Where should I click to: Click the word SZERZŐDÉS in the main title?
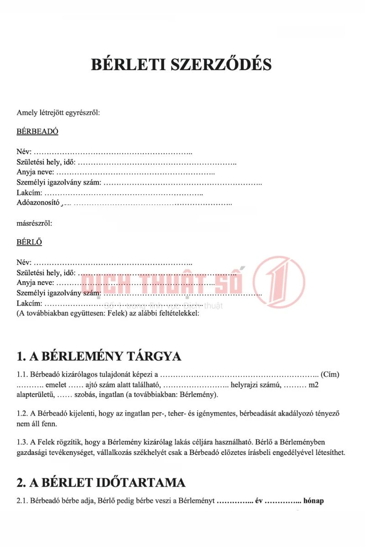pyautogui.click(x=221, y=64)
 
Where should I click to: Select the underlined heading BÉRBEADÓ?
pyautogui.click(x=37, y=132)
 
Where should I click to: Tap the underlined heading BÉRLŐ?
pyautogui.click(x=29, y=242)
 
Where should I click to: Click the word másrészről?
pyautogui.click(x=34, y=223)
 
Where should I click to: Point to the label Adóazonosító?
pyautogui.click(x=38, y=203)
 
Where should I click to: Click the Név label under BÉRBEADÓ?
pyautogui.click(x=24, y=152)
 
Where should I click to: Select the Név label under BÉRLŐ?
pyautogui.click(x=24, y=263)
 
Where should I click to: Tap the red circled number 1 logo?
pyautogui.click(x=279, y=279)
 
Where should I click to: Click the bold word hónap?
pyautogui.click(x=313, y=501)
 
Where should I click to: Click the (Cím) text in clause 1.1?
pyautogui.click(x=330, y=375)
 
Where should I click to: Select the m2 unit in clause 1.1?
pyautogui.click(x=313, y=385)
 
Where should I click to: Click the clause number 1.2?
pyautogui.click(x=22, y=413)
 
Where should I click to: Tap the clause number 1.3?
pyautogui.click(x=22, y=442)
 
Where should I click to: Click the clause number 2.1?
pyautogui.click(x=22, y=501)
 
